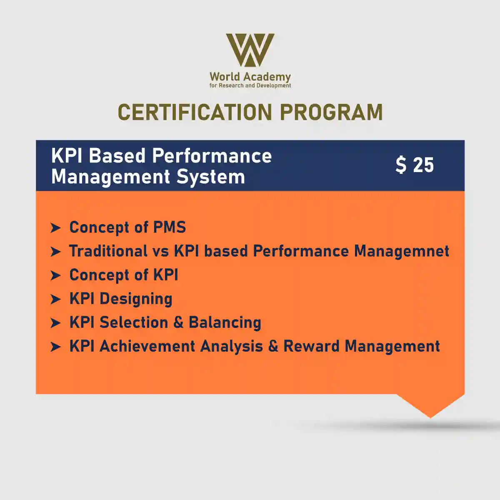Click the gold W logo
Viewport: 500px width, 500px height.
point(250,50)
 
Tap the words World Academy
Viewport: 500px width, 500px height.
point(250,77)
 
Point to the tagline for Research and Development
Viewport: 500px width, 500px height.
point(250,86)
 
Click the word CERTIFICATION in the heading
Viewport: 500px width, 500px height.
point(195,112)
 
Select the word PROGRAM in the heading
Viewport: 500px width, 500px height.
point(331,112)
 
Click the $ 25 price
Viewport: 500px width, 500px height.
point(415,165)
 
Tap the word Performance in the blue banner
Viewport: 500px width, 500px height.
point(212,156)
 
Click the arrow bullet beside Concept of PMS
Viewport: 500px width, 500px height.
point(55,228)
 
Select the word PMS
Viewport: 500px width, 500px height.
point(170,227)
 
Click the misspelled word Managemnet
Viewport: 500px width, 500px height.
point(402,252)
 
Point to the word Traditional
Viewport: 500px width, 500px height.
point(108,251)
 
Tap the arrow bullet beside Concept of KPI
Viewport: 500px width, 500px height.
point(55,275)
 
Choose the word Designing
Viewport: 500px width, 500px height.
point(136,299)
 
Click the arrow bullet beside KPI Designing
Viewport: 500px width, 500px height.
point(55,300)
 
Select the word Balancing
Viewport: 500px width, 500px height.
point(225,323)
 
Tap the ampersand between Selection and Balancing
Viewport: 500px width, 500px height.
point(178,322)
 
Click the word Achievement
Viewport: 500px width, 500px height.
point(147,346)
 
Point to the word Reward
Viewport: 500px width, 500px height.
point(311,346)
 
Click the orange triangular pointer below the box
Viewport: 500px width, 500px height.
point(430,405)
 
